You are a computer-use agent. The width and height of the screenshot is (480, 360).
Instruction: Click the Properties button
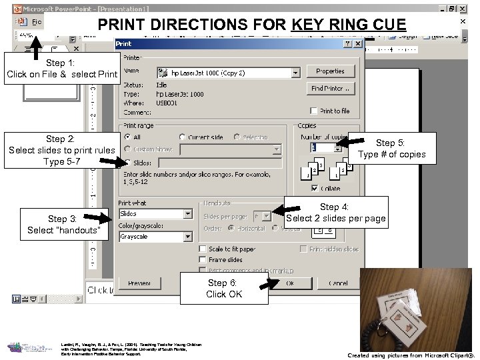click(330, 71)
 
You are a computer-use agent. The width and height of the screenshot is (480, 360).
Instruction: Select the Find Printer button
click(330, 88)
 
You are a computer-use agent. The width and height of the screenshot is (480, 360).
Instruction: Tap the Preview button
click(139, 283)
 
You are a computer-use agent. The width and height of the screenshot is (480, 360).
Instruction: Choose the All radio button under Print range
click(127, 137)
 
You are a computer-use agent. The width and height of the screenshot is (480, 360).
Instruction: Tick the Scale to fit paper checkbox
click(203, 249)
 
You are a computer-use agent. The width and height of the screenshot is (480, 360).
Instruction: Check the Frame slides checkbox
click(203, 260)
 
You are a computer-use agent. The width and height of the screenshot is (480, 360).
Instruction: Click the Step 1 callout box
click(61, 69)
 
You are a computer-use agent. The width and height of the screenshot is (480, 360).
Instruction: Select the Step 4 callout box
click(335, 213)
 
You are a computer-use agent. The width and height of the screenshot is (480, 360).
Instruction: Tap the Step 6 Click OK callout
click(224, 289)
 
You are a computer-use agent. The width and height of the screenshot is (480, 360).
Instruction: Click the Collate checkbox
click(315, 189)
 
